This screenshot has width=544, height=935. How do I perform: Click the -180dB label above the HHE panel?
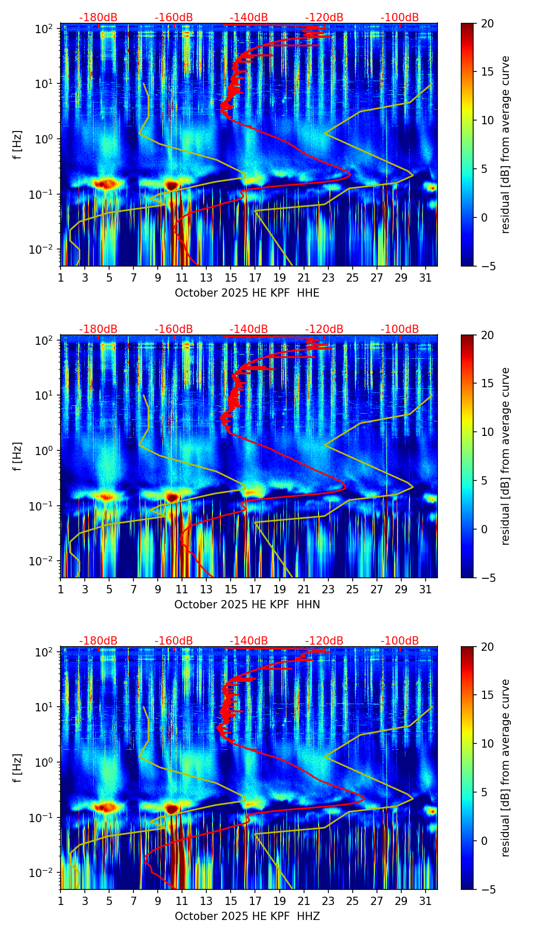(98, 18)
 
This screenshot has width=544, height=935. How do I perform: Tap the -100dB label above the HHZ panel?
(400, 641)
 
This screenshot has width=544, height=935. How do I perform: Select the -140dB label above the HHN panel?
(249, 329)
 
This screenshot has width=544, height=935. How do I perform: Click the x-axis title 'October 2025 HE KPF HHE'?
(247, 293)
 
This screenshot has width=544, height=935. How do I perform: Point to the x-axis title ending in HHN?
(247, 605)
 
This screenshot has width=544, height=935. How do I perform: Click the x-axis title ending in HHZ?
(247, 916)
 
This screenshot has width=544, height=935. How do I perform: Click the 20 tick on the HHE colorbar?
(487, 23)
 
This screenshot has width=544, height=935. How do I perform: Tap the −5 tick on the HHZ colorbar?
(487, 889)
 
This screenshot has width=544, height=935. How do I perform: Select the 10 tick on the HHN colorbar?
(487, 432)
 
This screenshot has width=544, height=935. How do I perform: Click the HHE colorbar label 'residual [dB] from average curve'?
(505, 144)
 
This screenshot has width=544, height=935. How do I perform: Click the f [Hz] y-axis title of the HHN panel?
(18, 456)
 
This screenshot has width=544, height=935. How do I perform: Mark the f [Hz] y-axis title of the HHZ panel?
(18, 768)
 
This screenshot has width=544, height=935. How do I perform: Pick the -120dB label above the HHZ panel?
(324, 641)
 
